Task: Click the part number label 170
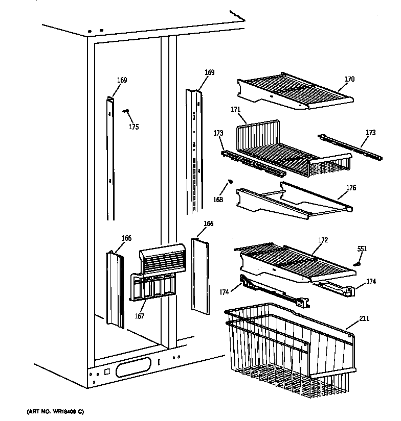(x=349, y=79)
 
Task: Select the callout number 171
(x=235, y=109)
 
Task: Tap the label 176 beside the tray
(x=351, y=188)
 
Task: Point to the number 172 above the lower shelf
(x=323, y=239)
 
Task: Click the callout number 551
(x=362, y=249)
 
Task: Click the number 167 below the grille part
(x=140, y=316)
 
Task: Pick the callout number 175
(x=133, y=127)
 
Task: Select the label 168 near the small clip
(x=218, y=200)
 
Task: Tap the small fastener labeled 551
(x=358, y=263)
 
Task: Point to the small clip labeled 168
(x=230, y=181)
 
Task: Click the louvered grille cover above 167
(x=161, y=258)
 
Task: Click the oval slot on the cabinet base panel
(x=134, y=366)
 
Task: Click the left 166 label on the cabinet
(x=126, y=238)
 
